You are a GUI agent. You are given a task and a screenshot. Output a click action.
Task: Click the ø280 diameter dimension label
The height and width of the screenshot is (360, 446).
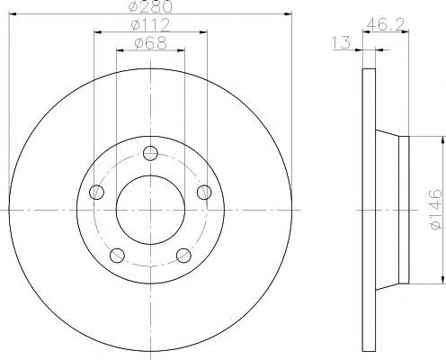pyautogui.click(x=150, y=6)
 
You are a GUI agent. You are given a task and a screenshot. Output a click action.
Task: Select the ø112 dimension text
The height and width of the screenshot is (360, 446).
pyautogui.click(x=150, y=24)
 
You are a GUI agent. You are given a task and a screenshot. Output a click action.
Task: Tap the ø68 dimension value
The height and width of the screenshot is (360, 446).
pyautogui.click(x=150, y=43)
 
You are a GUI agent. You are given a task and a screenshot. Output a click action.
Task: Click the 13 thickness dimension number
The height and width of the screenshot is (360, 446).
pyautogui.click(x=342, y=42)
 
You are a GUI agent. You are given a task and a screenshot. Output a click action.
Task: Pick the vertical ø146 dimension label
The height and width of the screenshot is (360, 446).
pyautogui.click(x=435, y=209)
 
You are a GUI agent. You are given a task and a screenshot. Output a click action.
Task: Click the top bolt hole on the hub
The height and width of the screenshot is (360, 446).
pyautogui.click(x=150, y=153)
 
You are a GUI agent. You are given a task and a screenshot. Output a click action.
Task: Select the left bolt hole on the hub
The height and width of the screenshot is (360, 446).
pyautogui.click(x=96, y=192)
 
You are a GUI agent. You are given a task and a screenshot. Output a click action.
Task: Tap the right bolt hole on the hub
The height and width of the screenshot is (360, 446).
pyautogui.click(x=204, y=192)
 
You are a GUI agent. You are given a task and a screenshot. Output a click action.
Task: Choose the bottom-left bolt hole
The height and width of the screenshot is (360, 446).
pyautogui.click(x=117, y=256)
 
